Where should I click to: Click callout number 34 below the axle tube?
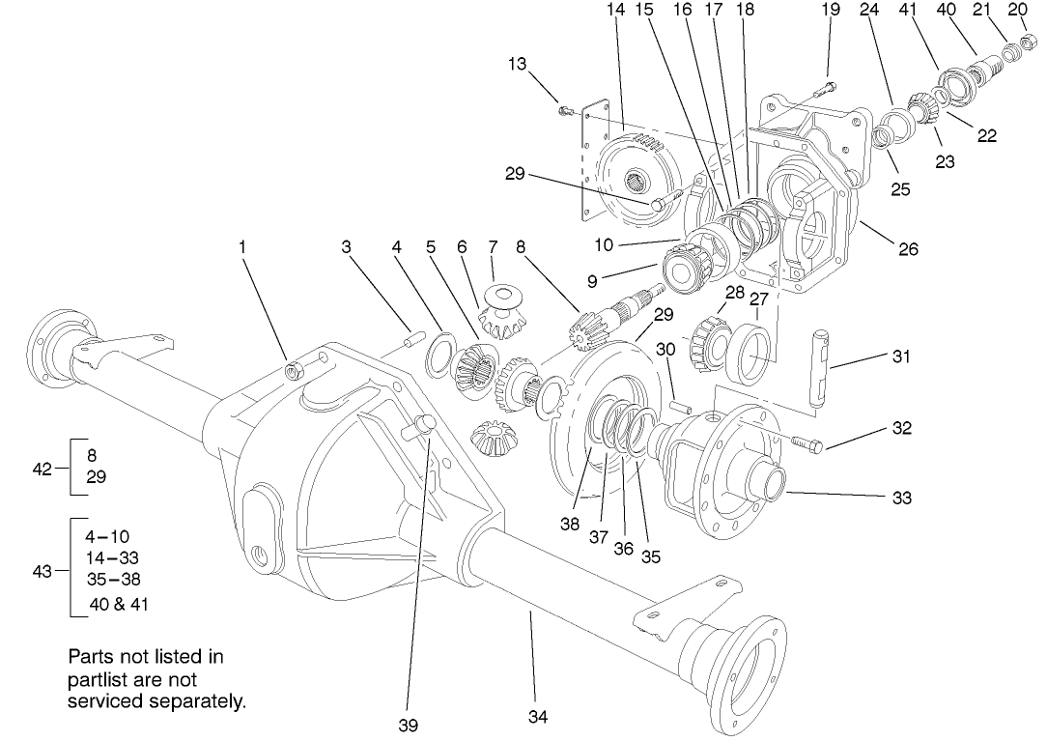pos(539,719)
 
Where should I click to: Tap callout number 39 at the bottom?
pos(409,725)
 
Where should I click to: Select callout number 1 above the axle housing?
pos(243,247)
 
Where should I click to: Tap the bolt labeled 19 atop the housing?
pos(823,90)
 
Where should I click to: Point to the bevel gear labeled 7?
pos(502,312)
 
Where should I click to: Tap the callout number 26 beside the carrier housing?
pos(908,249)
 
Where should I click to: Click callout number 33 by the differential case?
pos(900,499)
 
